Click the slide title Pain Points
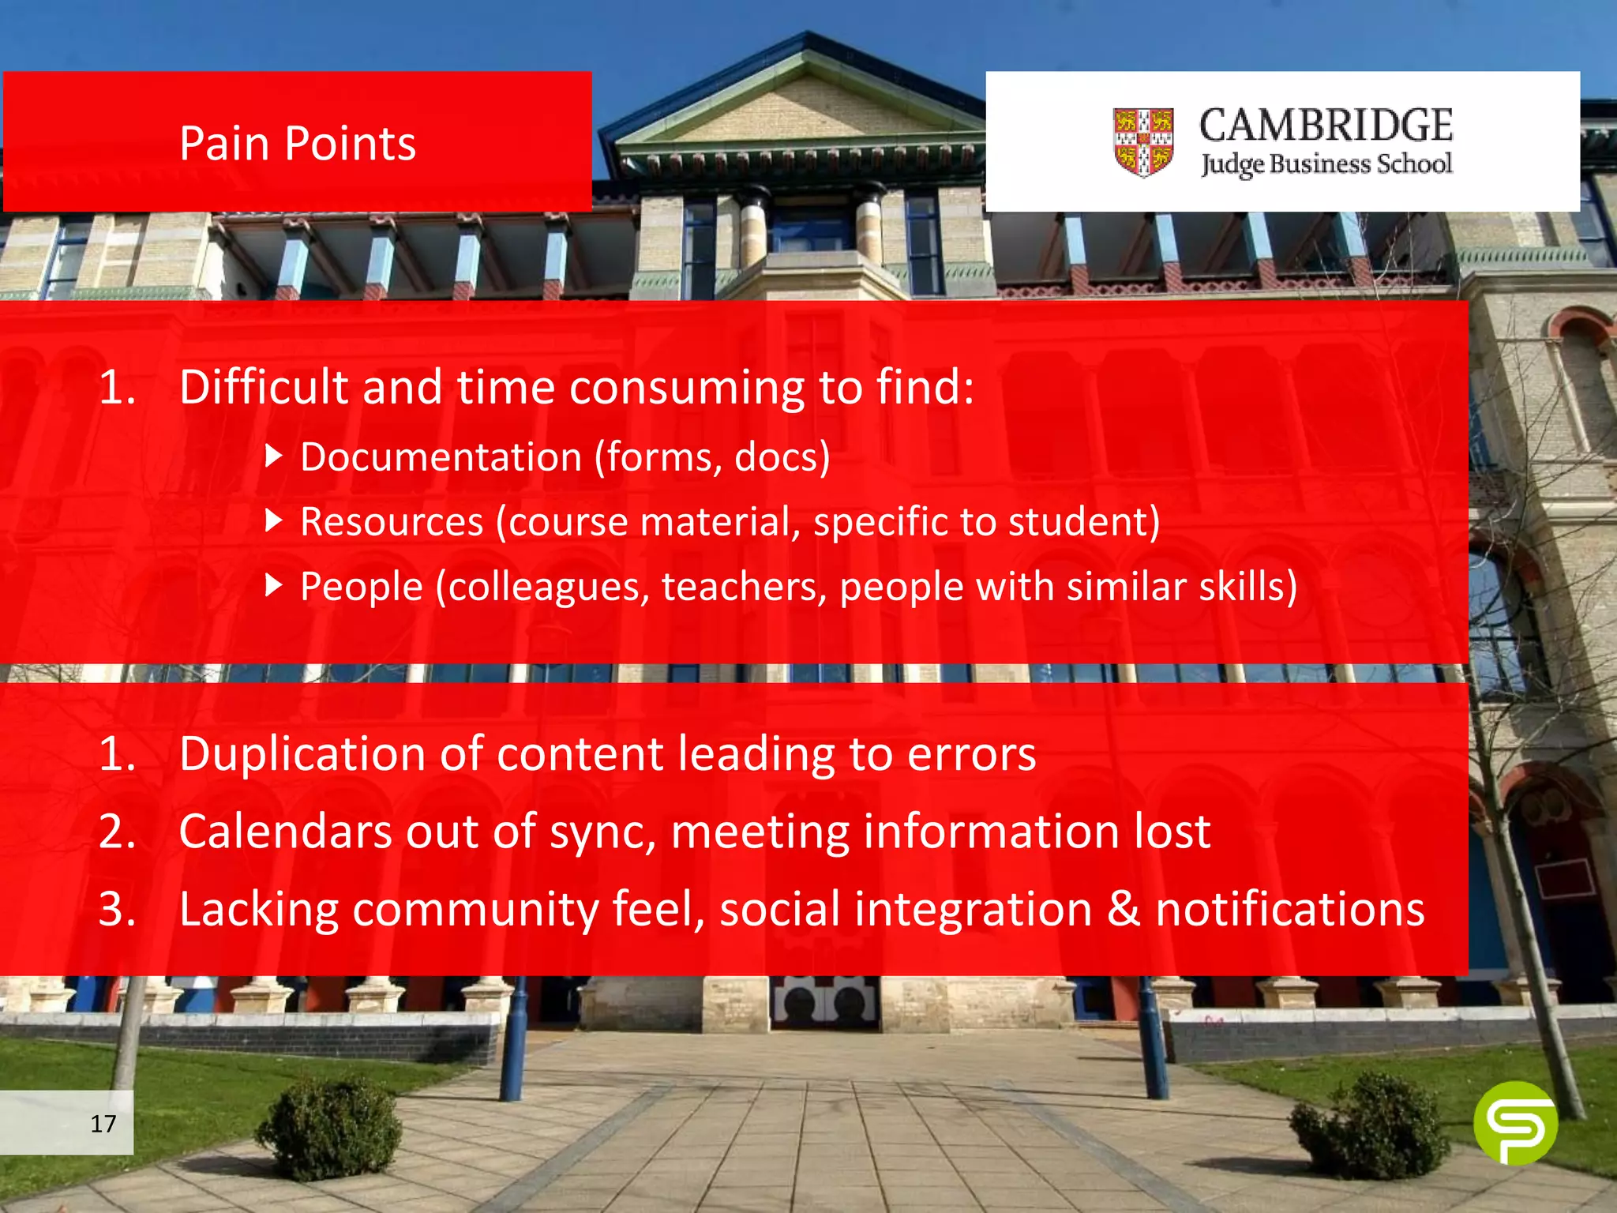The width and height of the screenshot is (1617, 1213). click(x=297, y=144)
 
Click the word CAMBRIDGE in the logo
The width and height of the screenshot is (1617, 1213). click(x=1326, y=126)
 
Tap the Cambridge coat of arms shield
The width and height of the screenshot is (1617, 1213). click(x=1142, y=142)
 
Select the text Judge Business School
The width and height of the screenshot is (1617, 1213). click(x=1326, y=163)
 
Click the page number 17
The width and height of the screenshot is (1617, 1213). click(x=103, y=1123)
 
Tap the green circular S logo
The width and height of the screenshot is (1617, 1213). click(x=1514, y=1123)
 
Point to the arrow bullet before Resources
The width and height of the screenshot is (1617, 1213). click(x=273, y=520)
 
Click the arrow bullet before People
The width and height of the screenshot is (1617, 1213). click(x=273, y=585)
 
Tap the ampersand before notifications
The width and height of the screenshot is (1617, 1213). click(x=1123, y=909)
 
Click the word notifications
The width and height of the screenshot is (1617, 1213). click(x=1290, y=909)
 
